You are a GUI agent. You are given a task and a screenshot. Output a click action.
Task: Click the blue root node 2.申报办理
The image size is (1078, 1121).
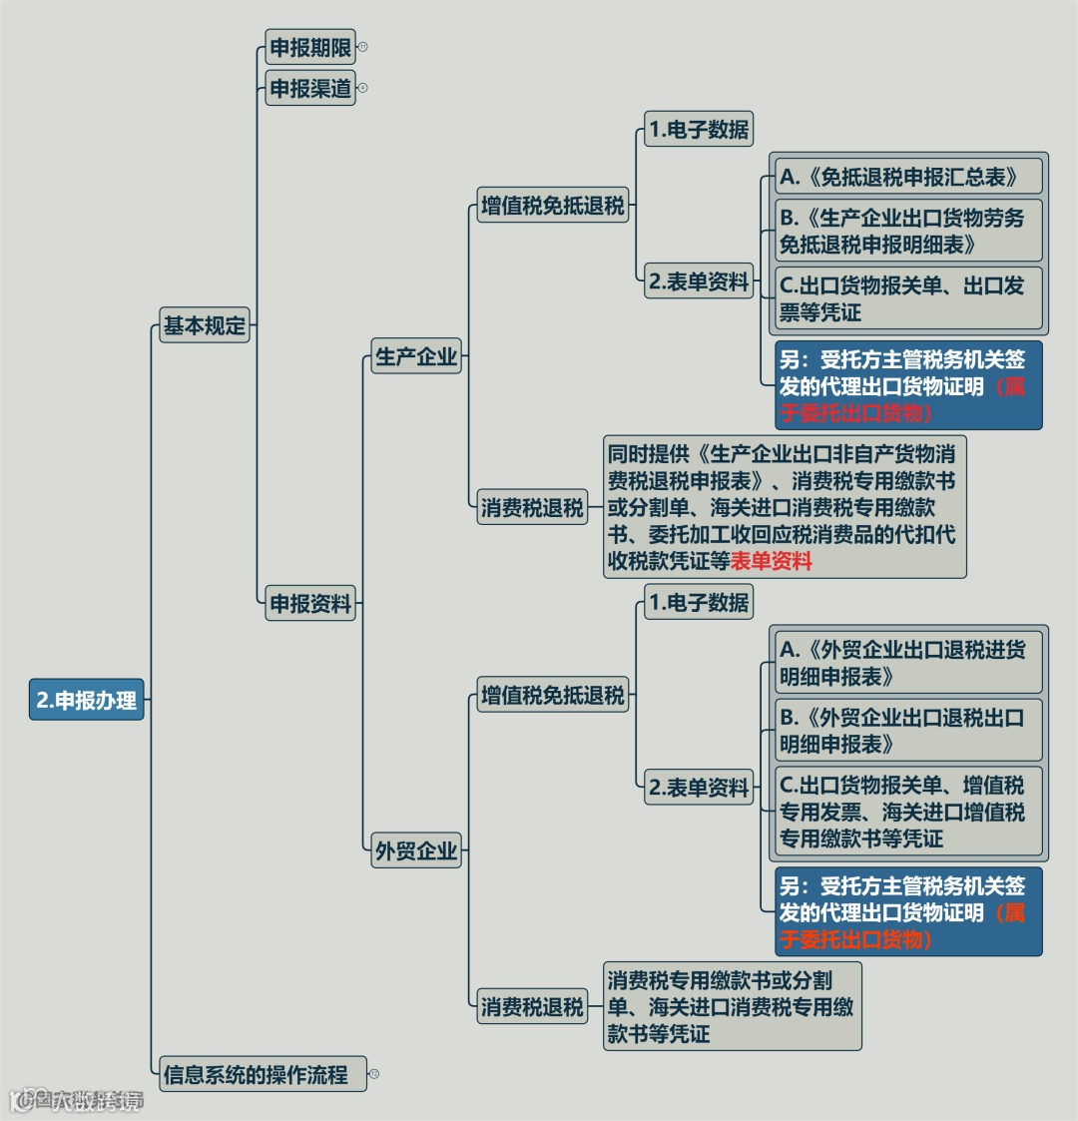pos(87,700)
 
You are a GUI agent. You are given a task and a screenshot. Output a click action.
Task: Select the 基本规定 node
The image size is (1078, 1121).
pos(205,325)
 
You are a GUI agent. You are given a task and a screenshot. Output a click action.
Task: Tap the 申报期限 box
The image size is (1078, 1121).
pos(310,47)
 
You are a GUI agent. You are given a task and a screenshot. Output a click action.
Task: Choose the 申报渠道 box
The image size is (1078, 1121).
pos(310,88)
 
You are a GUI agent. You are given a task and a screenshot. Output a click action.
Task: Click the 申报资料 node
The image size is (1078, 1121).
pos(310,603)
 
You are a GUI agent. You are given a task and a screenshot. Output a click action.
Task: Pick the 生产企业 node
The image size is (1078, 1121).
pos(416,356)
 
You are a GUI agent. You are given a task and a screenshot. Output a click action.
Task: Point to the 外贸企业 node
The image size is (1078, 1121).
pos(416,851)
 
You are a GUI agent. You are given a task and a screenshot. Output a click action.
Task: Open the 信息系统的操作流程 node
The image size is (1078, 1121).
pos(257,1074)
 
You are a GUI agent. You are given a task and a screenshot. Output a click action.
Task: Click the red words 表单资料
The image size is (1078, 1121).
pos(771,561)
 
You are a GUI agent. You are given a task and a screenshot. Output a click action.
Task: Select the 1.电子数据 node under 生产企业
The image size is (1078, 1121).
pos(698,129)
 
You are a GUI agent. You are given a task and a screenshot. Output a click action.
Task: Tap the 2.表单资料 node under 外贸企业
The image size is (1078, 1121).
pos(698,788)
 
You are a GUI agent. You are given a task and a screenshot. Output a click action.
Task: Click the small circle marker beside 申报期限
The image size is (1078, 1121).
pos(363,47)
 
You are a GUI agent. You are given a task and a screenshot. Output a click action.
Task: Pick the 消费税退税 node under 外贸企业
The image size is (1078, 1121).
pos(532,1006)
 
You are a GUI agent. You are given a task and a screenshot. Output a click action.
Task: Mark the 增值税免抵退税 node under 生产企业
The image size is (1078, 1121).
pos(552,206)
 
